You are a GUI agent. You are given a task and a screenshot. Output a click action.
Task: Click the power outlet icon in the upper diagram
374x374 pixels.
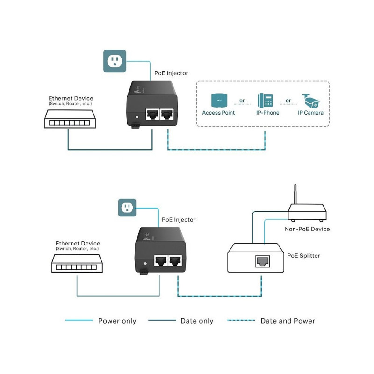[115, 61]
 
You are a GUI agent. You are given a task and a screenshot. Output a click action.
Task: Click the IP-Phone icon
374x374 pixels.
[265, 100]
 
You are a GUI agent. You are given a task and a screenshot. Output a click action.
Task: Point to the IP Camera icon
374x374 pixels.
[311, 100]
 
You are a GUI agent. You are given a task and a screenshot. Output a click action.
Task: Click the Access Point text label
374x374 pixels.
[218, 113]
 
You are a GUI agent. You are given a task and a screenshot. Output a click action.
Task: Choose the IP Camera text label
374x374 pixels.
[311, 113]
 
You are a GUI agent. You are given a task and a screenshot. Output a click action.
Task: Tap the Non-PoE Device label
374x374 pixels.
[307, 229]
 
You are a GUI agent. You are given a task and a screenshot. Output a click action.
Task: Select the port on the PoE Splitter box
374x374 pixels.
[261, 261]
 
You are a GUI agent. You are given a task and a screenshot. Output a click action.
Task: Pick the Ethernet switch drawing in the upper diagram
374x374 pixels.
[68, 119]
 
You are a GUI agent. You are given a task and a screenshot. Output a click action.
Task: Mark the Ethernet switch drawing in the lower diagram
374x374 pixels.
[77, 265]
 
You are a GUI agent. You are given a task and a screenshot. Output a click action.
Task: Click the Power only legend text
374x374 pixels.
[117, 321]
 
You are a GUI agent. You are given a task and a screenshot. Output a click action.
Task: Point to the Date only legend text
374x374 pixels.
[197, 321]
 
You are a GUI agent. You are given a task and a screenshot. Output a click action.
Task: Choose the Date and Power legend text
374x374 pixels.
[288, 321]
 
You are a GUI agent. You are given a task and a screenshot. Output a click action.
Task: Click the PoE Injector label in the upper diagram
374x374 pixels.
[171, 73]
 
